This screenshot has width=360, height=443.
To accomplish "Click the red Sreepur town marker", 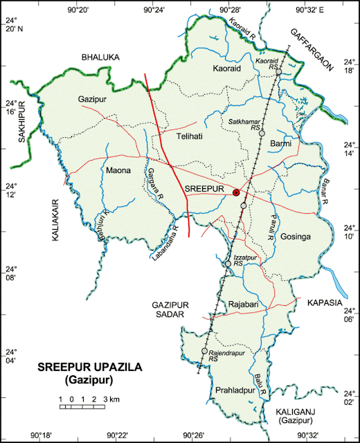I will point(236,192).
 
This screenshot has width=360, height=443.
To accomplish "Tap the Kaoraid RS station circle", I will point(278,70).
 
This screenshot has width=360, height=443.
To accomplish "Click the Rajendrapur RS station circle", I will point(204,352).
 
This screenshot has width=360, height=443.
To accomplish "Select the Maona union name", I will point(118,169).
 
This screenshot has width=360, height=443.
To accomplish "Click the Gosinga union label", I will point(298,237).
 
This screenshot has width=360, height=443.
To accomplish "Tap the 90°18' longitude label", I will point(40,435).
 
